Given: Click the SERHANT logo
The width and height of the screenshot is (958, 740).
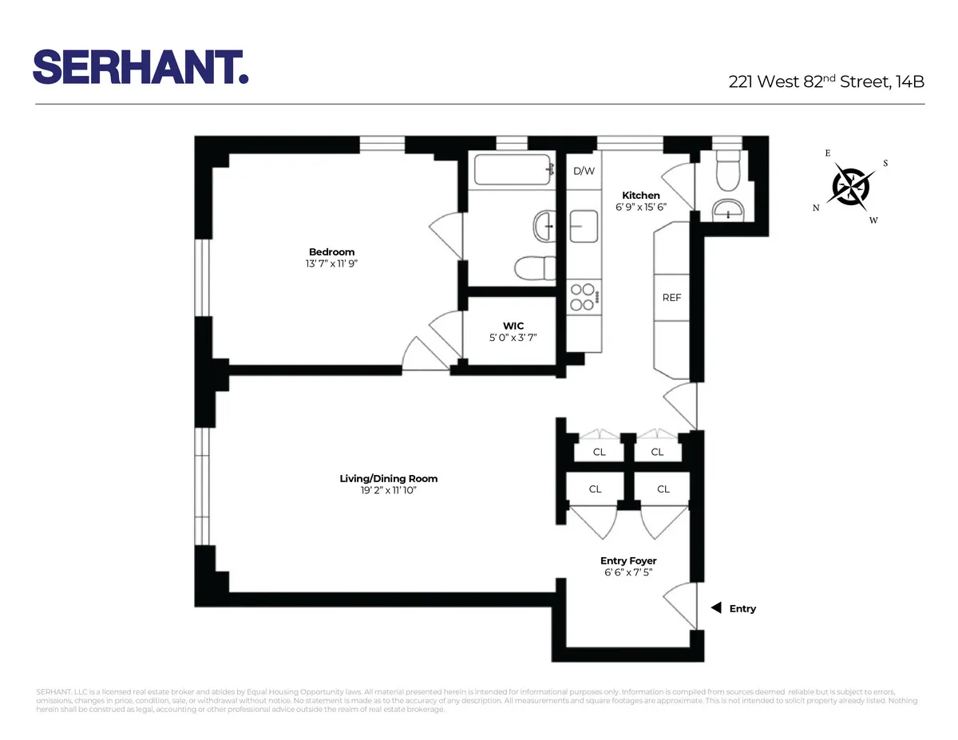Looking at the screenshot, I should [x=141, y=66].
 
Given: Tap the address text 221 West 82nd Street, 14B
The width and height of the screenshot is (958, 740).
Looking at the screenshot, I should [x=826, y=81].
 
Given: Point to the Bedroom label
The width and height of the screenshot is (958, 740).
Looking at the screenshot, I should [x=331, y=252].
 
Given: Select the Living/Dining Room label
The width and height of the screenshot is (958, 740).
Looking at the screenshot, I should [x=388, y=479].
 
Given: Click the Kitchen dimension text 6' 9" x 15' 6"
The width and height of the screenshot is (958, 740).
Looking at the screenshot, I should [x=641, y=207].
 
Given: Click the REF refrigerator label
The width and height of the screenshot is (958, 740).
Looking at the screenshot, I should [x=671, y=298].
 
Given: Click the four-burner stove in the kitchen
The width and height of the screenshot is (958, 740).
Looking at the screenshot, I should [x=584, y=297].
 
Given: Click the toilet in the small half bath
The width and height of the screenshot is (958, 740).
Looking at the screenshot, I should [x=728, y=172].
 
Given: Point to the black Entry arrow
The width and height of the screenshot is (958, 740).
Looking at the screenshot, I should [x=716, y=608].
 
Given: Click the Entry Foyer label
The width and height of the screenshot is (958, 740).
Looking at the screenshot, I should [x=629, y=561].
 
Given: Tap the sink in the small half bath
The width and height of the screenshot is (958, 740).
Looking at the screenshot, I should [x=728, y=210].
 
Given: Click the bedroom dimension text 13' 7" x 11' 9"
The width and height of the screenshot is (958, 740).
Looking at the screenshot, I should [x=331, y=263].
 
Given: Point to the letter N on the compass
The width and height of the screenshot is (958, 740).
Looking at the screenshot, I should [x=816, y=208].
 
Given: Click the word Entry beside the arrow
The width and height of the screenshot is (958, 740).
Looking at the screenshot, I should [x=742, y=608].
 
